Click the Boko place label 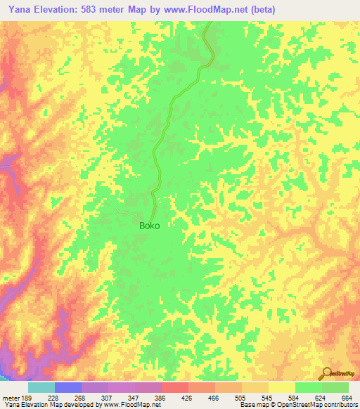[x=149, y=226]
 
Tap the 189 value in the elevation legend [x=26, y=397]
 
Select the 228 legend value [x=53, y=397]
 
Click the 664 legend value [x=346, y=397]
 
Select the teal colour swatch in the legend [x=41, y=387]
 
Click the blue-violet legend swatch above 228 [x=68, y=387]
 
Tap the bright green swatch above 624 [x=308, y=387]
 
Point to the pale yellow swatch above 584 [x=281, y=387]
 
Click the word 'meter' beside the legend [x=10, y=397]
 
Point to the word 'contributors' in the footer [x=338, y=405]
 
